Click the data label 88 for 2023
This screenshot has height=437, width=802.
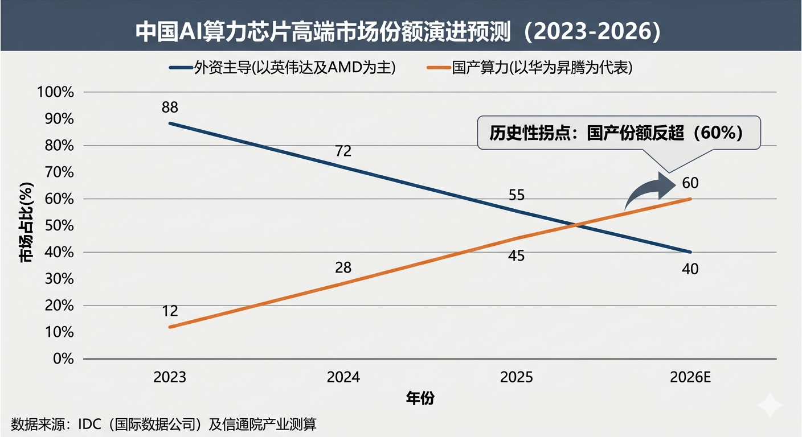coord(170,107)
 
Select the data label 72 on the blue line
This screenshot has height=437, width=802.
coord(343,151)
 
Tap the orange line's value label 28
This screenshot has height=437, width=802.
coord(343,267)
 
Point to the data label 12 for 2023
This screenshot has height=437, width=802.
coord(170,311)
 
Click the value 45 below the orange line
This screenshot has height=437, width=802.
coord(516,256)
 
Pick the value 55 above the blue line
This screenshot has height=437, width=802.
coord(516,195)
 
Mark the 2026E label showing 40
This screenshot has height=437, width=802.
coord(690,269)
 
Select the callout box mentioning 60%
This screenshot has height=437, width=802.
coord(619,133)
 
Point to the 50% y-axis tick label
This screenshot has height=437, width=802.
coord(59,225)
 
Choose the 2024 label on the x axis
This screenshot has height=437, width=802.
coord(343,378)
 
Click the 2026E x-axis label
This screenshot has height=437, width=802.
coord(690,378)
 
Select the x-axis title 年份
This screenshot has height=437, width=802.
coord(420,398)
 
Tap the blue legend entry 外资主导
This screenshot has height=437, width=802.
coord(282,68)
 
